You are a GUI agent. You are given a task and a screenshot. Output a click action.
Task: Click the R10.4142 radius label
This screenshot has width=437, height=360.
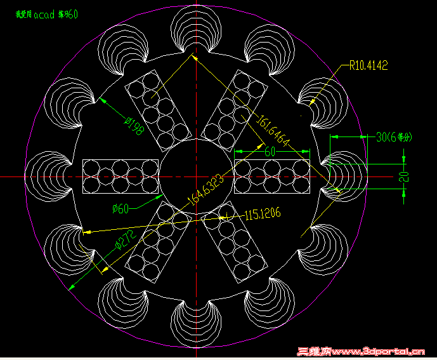(368, 65)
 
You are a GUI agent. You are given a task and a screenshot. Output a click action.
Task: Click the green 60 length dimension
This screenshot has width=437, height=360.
(270, 152)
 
